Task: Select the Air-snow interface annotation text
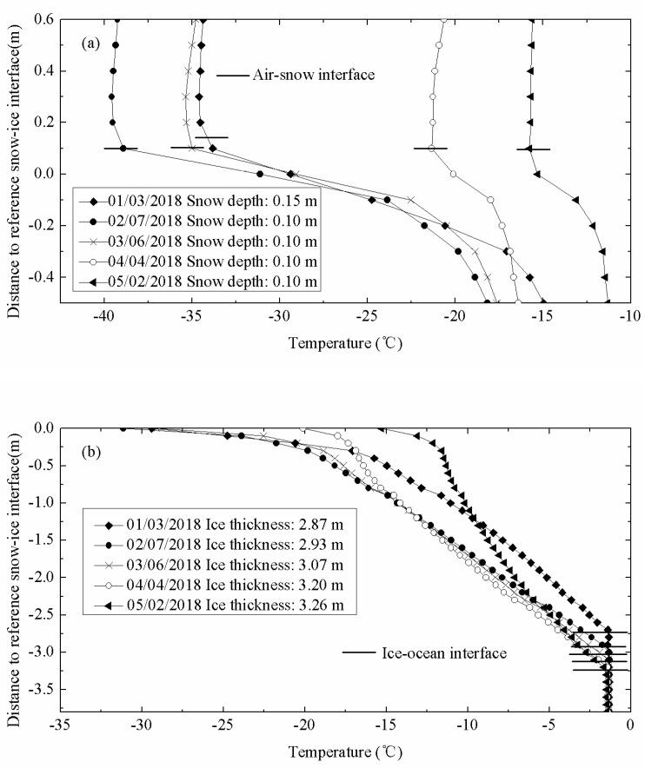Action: click(313, 76)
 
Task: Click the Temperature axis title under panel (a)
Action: click(346, 342)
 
